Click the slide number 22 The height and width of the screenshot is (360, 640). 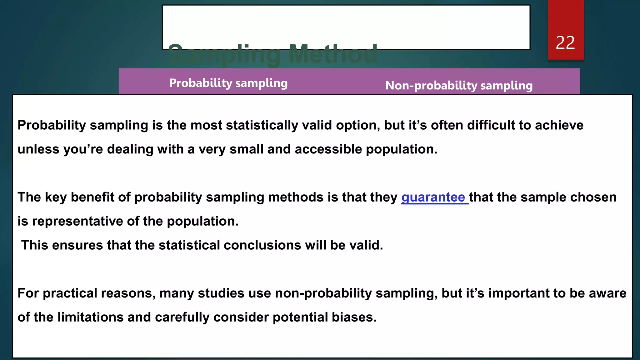click(565, 43)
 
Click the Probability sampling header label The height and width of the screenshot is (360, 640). click(228, 83)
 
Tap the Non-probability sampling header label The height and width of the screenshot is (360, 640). click(459, 86)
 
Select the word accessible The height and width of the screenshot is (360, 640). click(328, 149)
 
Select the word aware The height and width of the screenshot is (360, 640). click(607, 293)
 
